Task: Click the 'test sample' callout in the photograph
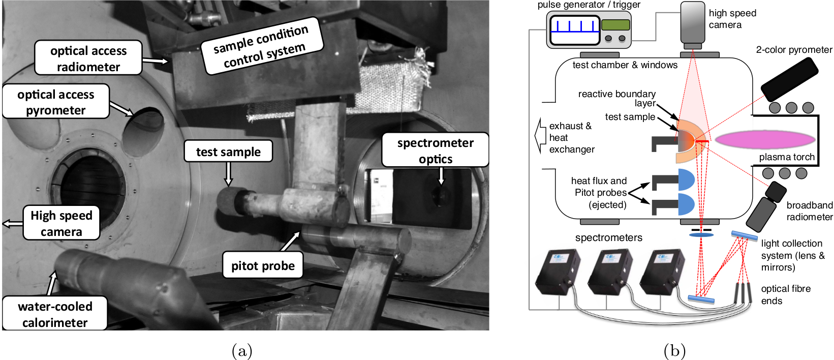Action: pos(228,152)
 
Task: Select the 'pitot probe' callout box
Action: pos(263,265)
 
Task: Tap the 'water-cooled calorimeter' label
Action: pos(55,314)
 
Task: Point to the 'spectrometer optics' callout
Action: pos(435,150)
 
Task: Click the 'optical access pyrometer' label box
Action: pos(56,102)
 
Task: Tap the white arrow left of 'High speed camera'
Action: pos(12,223)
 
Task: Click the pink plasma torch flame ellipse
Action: pos(765,140)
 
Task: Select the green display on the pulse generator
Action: pos(615,24)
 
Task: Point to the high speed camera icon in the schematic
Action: pos(693,25)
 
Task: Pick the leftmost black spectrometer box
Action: pos(558,272)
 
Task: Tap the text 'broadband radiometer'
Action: pos(809,211)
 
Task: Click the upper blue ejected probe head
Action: pos(686,180)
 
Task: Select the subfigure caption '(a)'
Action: pos(242,351)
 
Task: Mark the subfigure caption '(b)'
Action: pos(674,351)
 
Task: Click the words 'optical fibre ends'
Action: pos(786,294)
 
